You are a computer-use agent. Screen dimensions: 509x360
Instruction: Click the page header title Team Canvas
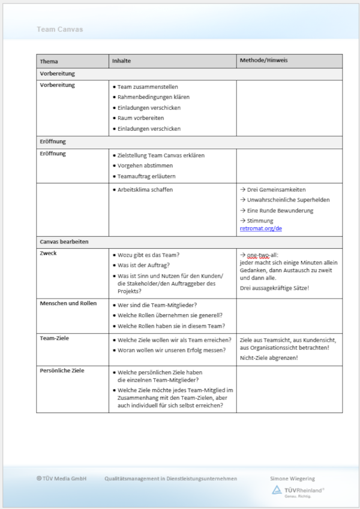pos(60,29)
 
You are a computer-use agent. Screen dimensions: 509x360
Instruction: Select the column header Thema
pos(49,61)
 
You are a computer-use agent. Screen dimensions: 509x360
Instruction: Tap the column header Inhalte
pos(121,61)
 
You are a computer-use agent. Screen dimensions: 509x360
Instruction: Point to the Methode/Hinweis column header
pos(264,61)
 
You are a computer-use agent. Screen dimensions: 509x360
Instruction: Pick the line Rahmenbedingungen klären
pos(154,97)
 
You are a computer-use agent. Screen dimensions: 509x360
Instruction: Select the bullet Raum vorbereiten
pos(140,118)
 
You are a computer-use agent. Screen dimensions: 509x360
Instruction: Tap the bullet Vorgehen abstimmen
pos(145,165)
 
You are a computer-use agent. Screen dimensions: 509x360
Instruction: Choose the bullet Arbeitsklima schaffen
pos(145,189)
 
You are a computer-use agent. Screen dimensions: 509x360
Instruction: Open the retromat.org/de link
pos(261,228)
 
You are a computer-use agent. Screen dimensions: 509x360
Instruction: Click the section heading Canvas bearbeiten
pos(64,242)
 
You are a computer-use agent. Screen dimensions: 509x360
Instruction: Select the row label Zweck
pos(49,253)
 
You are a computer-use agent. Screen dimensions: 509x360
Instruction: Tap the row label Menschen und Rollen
pos(68,303)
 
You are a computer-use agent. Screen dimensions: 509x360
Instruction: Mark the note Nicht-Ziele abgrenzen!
pos(268,358)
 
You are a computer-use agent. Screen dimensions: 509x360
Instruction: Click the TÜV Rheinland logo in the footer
pos(298,491)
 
